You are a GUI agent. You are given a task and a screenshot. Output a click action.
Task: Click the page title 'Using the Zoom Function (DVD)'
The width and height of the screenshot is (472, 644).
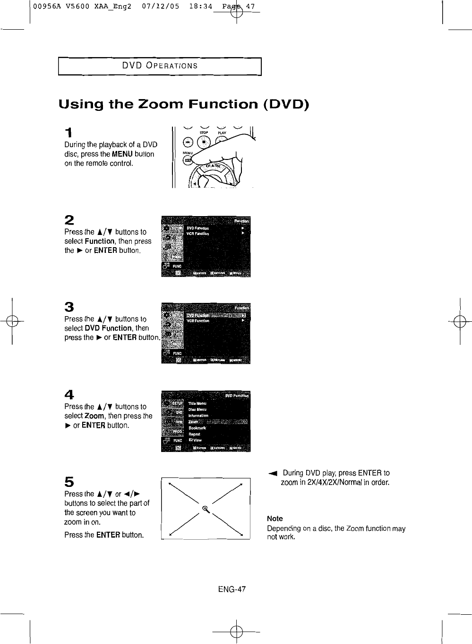183,104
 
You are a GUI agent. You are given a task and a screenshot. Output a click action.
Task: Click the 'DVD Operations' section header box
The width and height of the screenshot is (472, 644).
159,66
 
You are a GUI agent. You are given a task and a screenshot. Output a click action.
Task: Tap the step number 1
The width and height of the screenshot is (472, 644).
69,132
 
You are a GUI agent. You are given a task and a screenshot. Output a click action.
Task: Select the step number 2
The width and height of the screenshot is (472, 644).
69,220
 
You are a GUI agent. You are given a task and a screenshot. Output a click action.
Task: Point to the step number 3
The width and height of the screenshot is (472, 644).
69,307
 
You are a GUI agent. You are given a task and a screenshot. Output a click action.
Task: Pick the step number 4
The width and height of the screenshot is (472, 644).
69,394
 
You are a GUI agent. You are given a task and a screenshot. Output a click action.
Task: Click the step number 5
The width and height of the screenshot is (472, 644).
69,482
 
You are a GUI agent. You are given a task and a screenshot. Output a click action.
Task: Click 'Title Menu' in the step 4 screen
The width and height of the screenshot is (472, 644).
197,404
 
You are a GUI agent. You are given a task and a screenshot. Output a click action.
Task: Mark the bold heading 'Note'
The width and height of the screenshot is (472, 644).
275,519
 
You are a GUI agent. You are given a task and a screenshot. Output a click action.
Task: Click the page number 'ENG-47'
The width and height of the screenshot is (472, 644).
232,589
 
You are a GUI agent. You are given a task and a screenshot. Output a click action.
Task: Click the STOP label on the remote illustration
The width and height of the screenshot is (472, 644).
203,133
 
